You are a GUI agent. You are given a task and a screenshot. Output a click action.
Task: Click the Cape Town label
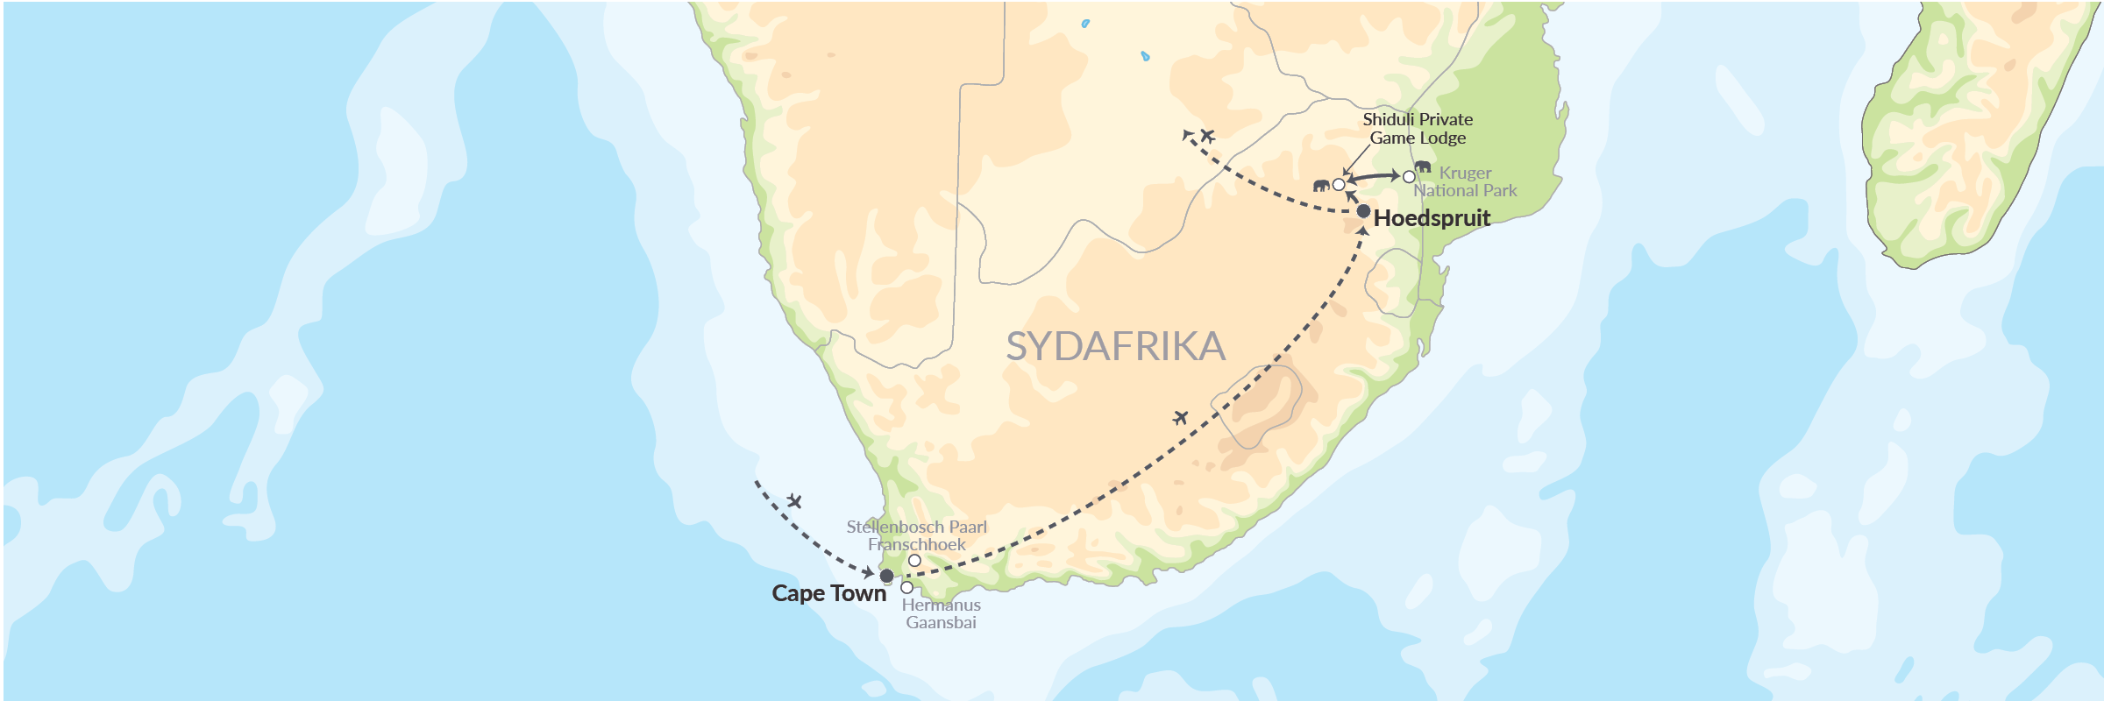pyautogui.click(x=828, y=593)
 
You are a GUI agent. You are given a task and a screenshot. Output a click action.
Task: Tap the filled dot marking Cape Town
pyautogui.click(x=886, y=576)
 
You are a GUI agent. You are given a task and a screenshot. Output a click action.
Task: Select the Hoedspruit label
pyautogui.click(x=1432, y=218)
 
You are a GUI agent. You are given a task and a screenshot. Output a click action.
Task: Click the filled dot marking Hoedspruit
pyautogui.click(x=1363, y=211)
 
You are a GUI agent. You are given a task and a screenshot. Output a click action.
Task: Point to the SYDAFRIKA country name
pyautogui.click(x=1115, y=346)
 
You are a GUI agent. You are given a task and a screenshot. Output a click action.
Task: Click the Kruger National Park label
pyautogui.click(x=1465, y=181)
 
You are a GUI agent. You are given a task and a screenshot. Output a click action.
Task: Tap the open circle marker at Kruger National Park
pyautogui.click(x=1409, y=177)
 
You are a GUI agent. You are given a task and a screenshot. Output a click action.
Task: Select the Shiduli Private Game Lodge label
pyautogui.click(x=1418, y=128)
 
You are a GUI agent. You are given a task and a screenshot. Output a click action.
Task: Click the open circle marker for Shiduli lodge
pyautogui.click(x=1339, y=185)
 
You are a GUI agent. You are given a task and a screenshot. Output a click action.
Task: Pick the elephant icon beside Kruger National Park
pyautogui.click(x=1423, y=166)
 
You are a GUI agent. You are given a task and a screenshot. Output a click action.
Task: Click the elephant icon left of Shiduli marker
pyautogui.click(x=1321, y=185)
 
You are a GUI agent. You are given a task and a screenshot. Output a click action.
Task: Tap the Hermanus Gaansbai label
pyautogui.click(x=941, y=613)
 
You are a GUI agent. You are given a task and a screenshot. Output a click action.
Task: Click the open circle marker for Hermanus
pyautogui.click(x=906, y=587)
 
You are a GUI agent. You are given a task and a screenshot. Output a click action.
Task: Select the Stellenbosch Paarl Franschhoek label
pyautogui.click(x=916, y=535)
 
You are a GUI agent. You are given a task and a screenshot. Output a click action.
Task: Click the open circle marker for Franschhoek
pyautogui.click(x=914, y=561)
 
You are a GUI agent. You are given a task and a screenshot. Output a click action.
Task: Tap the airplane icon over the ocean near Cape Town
pyautogui.click(x=794, y=501)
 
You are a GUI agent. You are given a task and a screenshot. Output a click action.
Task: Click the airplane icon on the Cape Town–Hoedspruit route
pyautogui.click(x=1180, y=417)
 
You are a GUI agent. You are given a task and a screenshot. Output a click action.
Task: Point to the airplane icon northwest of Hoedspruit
pyautogui.click(x=1207, y=135)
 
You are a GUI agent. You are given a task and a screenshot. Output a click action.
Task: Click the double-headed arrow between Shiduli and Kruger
pyautogui.click(x=1373, y=177)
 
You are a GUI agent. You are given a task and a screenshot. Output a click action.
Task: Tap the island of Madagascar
pyautogui.click(x=1972, y=131)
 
